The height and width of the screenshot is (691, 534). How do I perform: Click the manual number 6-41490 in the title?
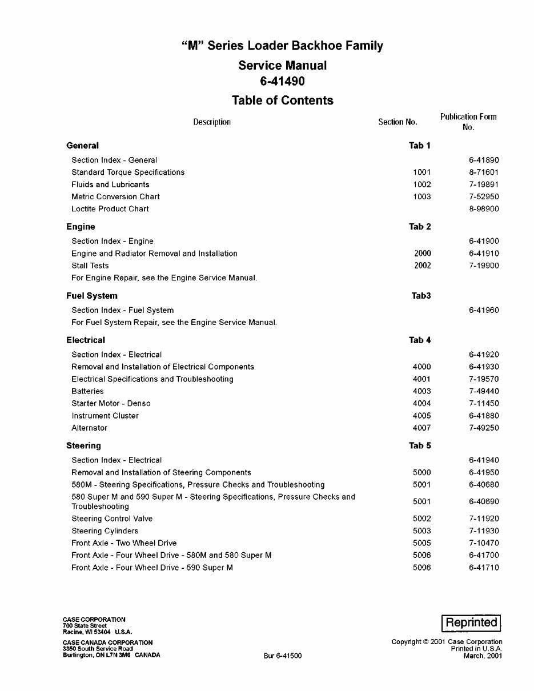[x=282, y=82]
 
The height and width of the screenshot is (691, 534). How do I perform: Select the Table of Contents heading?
[x=282, y=101]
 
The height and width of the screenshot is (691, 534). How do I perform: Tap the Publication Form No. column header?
[x=468, y=122]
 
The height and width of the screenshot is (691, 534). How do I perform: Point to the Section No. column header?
[x=398, y=122]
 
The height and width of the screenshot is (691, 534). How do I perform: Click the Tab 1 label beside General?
[x=419, y=146]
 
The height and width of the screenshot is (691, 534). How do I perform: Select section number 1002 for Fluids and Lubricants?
[x=421, y=184]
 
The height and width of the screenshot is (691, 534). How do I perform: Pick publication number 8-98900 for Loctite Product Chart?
[x=483, y=209]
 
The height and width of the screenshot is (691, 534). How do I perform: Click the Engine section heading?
[x=81, y=227]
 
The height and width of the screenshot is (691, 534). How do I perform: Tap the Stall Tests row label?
[x=90, y=266]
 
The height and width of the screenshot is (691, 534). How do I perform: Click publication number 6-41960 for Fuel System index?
[x=483, y=310]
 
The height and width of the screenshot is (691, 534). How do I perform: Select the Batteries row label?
[x=87, y=391]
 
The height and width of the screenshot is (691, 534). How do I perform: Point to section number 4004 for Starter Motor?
[x=421, y=403]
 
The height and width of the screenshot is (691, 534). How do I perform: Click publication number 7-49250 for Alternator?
[x=483, y=428]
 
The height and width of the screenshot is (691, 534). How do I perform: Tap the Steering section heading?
[x=83, y=445]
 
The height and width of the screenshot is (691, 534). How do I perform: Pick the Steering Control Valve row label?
[x=112, y=519]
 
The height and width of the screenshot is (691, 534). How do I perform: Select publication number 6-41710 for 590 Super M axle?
[x=483, y=568]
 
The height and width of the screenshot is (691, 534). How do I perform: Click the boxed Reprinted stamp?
[x=471, y=622]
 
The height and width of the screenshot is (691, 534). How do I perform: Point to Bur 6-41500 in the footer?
[x=282, y=656]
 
